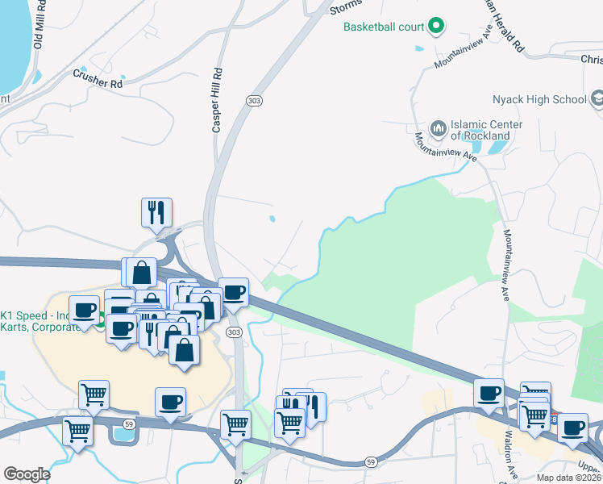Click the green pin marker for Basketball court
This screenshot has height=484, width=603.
pos(436,27)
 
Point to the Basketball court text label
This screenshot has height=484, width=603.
pos(384,27)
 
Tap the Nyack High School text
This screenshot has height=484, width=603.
pos(539,99)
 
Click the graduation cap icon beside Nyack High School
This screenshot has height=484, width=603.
pos(597,99)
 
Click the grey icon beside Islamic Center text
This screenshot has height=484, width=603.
pos(439,127)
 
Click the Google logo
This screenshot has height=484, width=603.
pos(27,474)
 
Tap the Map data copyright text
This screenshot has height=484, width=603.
pos(569,478)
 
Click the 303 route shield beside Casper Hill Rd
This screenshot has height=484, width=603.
pos(254,99)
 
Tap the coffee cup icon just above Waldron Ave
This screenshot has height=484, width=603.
pos(489,393)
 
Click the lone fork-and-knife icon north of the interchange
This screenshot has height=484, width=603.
pos(156,212)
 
